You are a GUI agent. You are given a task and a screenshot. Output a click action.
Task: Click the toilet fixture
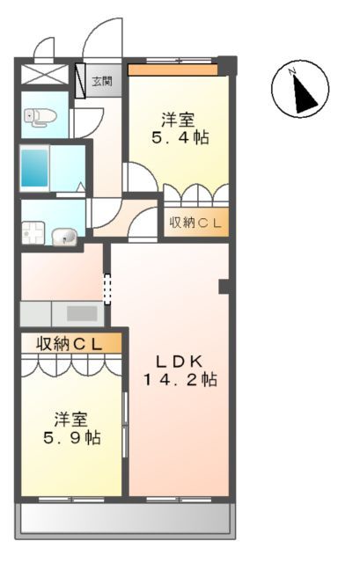click(x=40, y=115)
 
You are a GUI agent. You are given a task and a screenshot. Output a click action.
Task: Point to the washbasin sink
click(x=65, y=236)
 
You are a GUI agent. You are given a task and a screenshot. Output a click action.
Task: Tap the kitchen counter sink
click(x=82, y=313)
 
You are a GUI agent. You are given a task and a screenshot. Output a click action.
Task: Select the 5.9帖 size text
click(x=74, y=437)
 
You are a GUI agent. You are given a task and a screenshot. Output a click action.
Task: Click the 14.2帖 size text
click(x=180, y=380)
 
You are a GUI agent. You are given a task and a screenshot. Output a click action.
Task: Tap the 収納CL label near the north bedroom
click(x=195, y=223)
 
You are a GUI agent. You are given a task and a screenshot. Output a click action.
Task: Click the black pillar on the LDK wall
click(x=224, y=286)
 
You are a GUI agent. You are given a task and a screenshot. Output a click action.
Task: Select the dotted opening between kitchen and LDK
click(x=107, y=289)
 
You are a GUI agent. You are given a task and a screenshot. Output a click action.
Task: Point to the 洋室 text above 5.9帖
click(x=74, y=417)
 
